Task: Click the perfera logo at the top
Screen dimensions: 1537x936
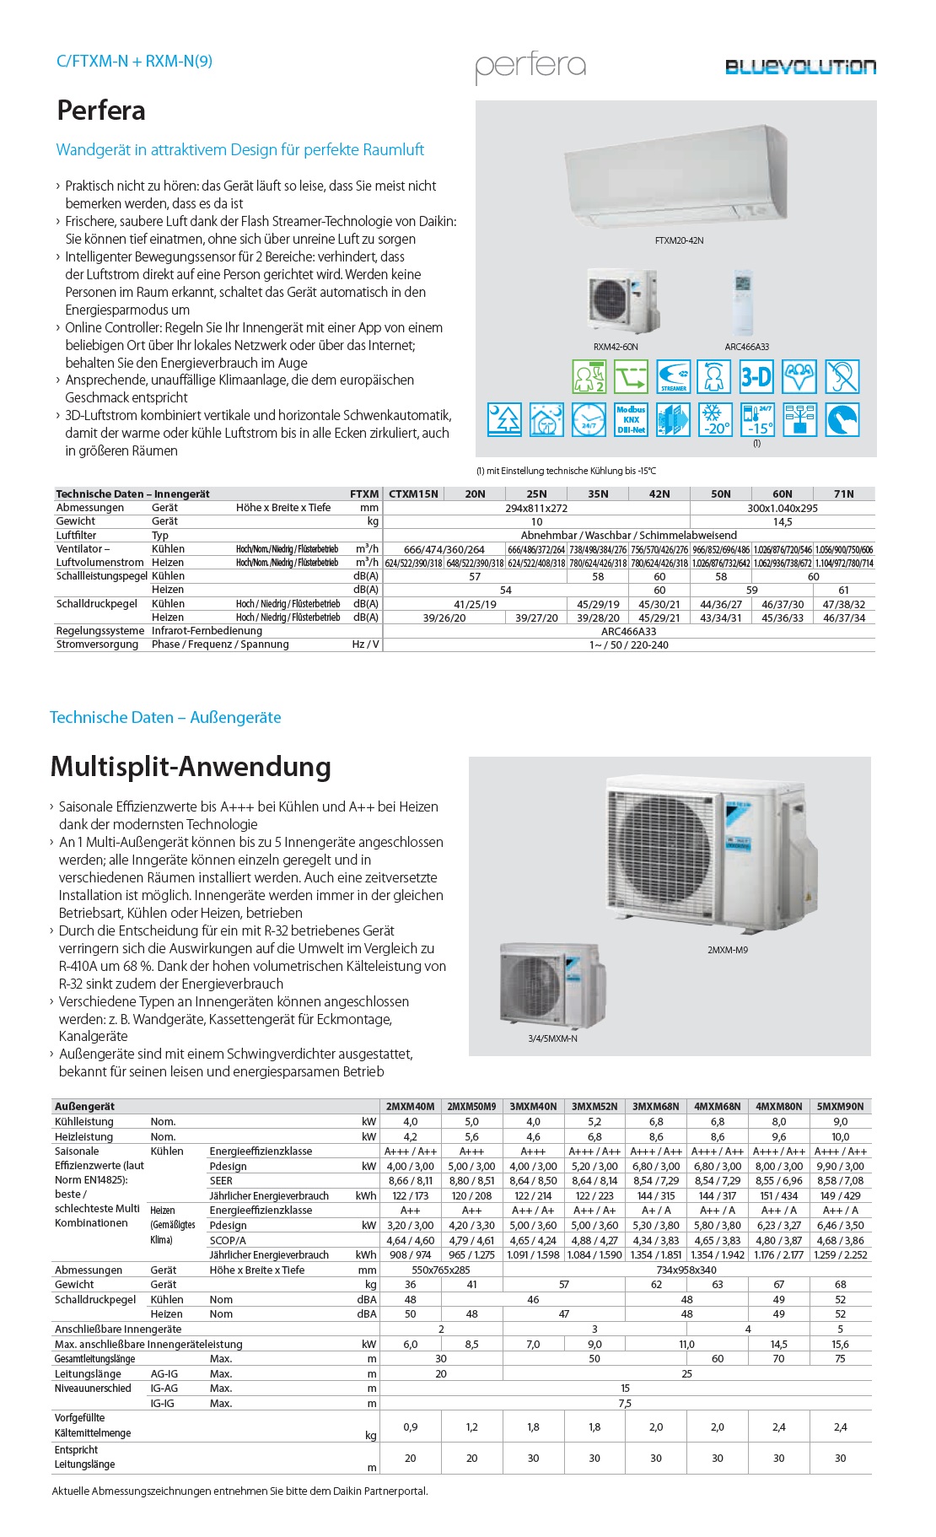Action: tap(530, 67)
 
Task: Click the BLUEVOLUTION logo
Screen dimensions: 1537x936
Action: tap(800, 67)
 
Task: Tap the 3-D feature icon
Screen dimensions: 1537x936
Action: tap(756, 376)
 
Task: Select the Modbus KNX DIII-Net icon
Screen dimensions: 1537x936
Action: tap(631, 419)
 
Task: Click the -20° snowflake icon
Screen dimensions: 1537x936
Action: tap(715, 419)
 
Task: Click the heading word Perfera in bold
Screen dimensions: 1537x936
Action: tap(101, 111)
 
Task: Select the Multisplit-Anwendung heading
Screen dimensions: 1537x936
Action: tap(191, 767)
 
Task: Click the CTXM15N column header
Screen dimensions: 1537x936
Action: tap(413, 494)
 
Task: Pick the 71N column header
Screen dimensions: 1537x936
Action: tap(843, 494)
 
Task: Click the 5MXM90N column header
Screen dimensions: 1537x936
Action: tap(840, 1106)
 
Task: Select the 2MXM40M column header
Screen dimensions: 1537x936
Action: tap(410, 1106)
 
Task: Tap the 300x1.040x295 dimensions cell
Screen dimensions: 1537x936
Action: tap(782, 508)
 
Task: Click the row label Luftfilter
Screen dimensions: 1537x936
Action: tap(77, 535)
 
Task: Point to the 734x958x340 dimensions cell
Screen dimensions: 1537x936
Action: tap(686, 1270)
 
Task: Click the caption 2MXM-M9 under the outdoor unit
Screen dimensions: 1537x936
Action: tap(727, 950)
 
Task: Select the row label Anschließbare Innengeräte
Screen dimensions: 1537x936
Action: tap(117, 1329)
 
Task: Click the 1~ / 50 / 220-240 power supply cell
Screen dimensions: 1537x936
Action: tap(628, 644)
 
